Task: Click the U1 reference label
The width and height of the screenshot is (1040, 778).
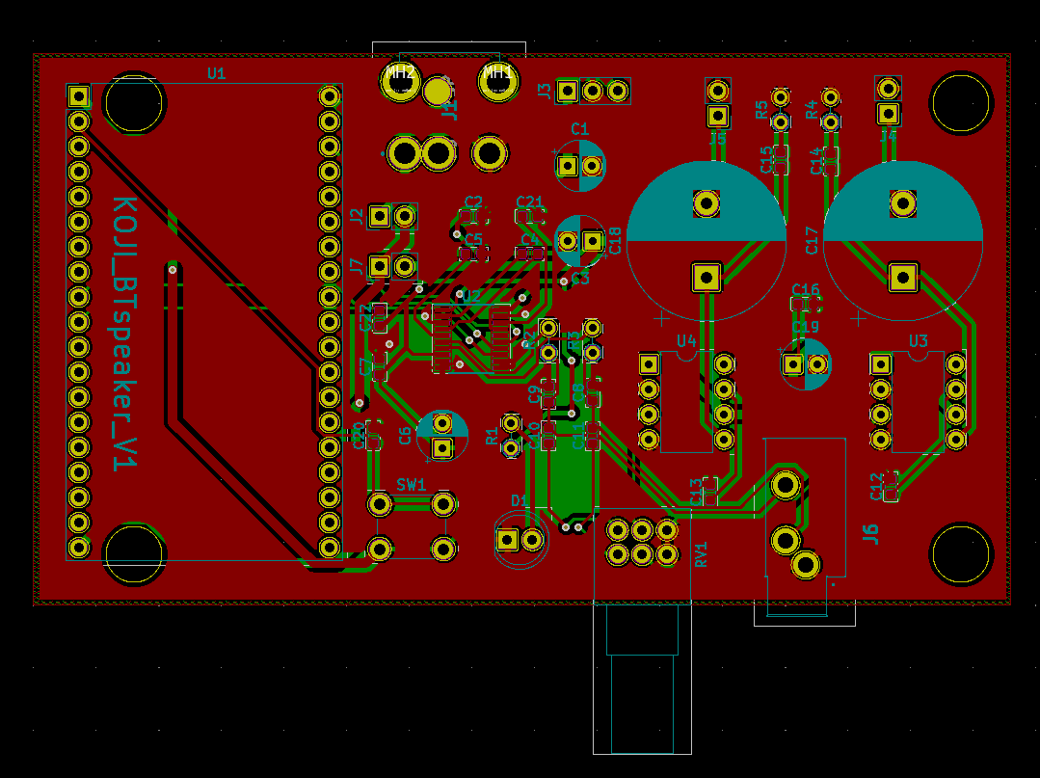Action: [216, 73]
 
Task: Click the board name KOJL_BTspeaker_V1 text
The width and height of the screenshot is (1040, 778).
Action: [123, 334]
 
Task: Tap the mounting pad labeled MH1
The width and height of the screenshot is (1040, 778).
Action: [498, 83]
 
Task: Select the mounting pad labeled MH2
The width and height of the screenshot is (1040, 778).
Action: [400, 83]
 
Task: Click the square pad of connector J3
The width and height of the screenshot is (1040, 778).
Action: [568, 92]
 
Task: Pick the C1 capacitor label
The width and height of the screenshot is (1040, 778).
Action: [579, 129]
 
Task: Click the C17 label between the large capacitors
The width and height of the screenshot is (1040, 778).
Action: [812, 239]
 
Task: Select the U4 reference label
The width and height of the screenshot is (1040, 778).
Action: [686, 340]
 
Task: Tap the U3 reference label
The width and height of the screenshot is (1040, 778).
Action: [918, 340]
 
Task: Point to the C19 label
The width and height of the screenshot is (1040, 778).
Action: [805, 328]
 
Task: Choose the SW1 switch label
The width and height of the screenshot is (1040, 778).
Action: [411, 485]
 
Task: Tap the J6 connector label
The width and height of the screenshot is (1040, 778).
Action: [870, 533]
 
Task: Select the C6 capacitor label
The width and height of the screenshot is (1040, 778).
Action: [406, 435]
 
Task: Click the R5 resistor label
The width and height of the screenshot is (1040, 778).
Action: [762, 110]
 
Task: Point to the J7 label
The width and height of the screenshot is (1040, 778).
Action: [357, 266]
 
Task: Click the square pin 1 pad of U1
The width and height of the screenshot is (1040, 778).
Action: [78, 96]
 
